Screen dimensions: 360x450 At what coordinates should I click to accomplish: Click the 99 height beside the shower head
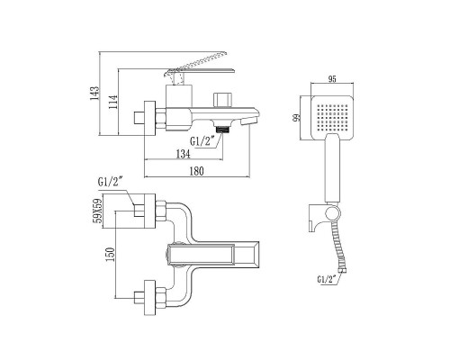click(x=295, y=119)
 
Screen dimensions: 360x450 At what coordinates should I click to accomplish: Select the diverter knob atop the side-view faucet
click(x=223, y=97)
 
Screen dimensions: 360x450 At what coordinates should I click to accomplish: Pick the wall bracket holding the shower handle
click(x=332, y=215)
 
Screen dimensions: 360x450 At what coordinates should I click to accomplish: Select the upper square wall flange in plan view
click(x=147, y=210)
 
